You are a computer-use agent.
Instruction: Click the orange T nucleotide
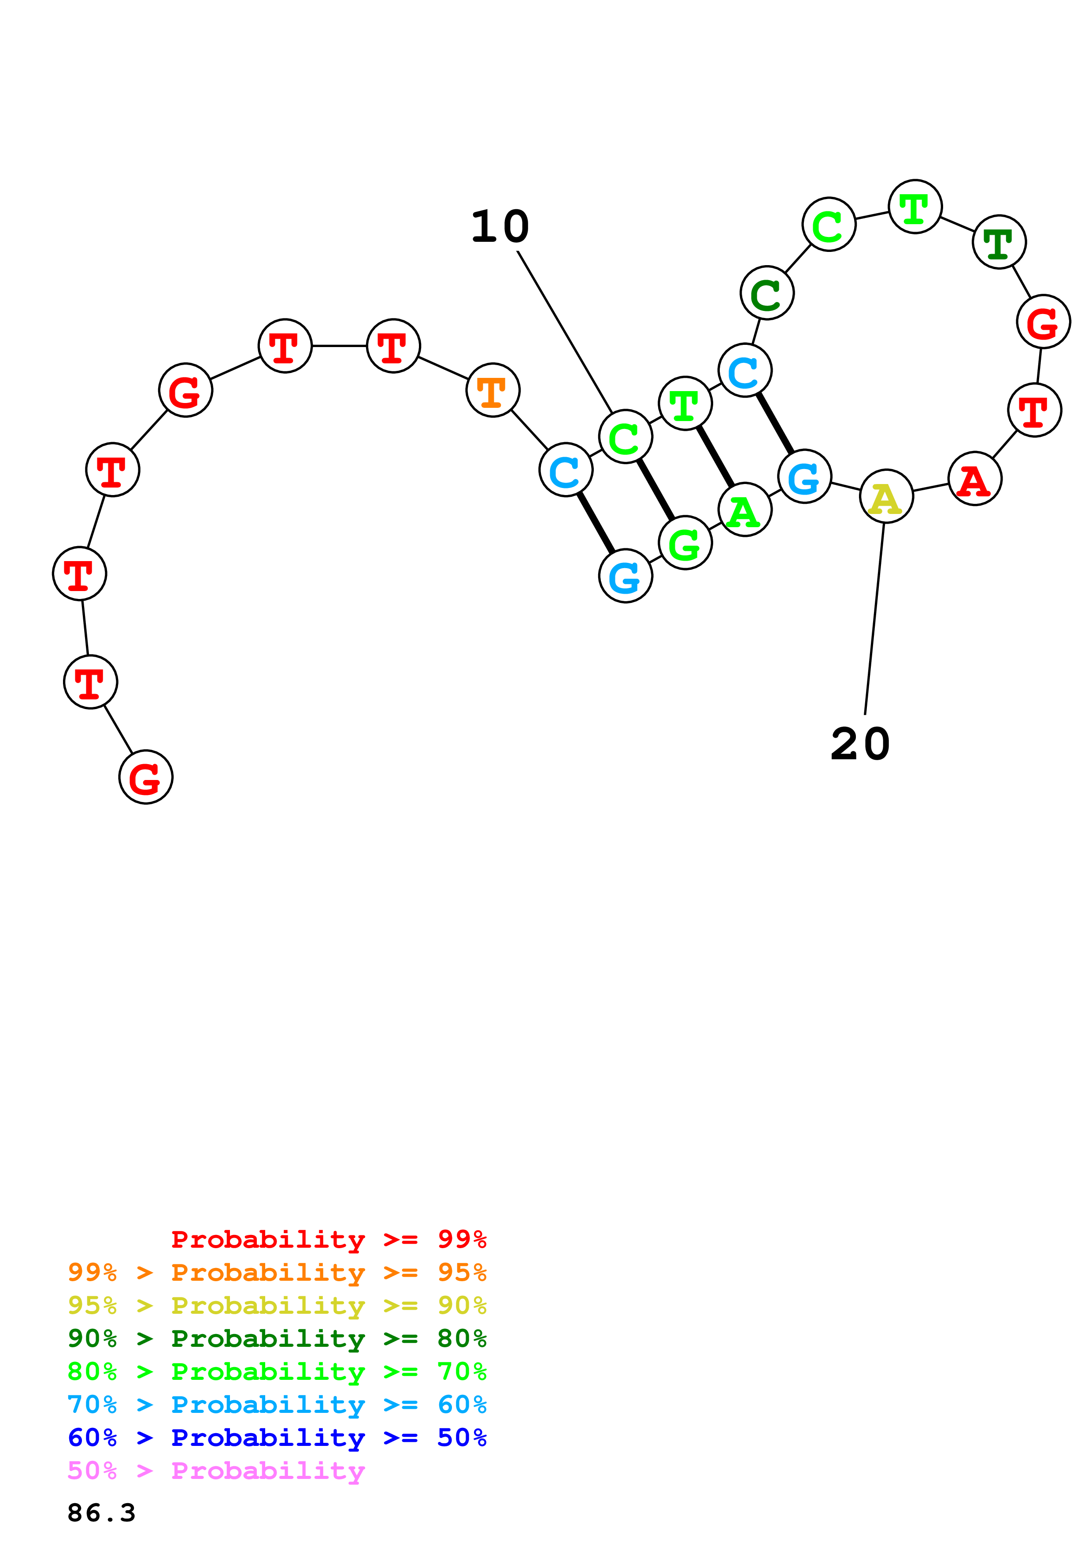[x=492, y=390]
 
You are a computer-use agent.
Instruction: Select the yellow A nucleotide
[x=886, y=497]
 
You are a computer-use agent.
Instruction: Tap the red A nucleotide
[x=974, y=479]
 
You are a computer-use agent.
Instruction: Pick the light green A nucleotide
[x=744, y=510]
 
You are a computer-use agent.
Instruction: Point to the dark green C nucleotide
[x=766, y=293]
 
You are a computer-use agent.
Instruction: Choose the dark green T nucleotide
[x=999, y=242]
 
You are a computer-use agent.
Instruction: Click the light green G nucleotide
[x=685, y=543]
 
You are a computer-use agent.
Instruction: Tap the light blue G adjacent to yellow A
[x=804, y=477]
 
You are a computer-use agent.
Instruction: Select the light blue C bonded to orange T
[x=566, y=469]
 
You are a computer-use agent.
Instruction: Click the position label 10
[x=500, y=227]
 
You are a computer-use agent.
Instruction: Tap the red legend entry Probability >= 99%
[x=328, y=1239]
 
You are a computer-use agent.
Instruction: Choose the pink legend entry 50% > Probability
[x=216, y=1471]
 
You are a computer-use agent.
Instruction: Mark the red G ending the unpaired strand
[x=145, y=777]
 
